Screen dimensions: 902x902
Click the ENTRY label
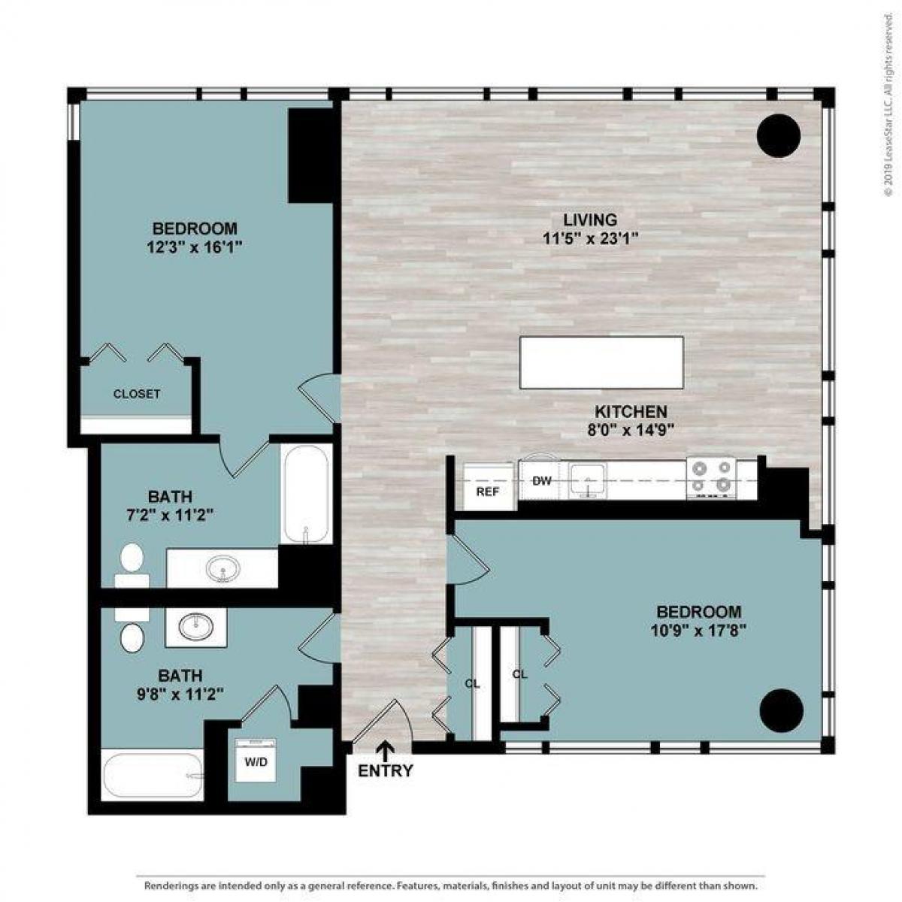(385, 770)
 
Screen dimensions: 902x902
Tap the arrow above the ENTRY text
(386, 749)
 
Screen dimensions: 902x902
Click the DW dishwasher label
(542, 481)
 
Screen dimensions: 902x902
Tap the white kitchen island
(601, 362)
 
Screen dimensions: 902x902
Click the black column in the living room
(779, 136)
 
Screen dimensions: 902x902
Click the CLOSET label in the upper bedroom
(137, 394)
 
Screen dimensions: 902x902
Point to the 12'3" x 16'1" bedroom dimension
(195, 247)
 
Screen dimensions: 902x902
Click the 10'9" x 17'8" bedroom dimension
(698, 631)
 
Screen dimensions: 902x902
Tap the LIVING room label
(590, 220)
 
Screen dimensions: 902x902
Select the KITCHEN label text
(631, 412)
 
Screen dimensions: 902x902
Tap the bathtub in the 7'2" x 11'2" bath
(305, 494)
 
